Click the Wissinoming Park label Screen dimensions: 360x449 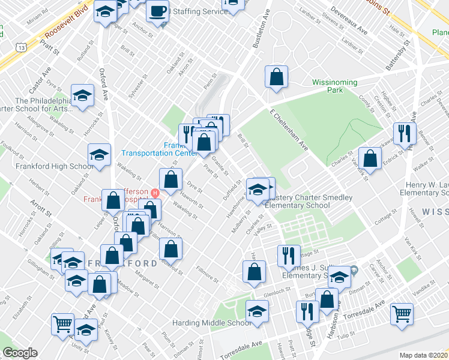pos(334,86)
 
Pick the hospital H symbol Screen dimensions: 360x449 pos(155,193)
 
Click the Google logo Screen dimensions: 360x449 pos(20,353)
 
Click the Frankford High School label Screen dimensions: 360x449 pos(55,167)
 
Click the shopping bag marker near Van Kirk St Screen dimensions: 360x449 pos(370,159)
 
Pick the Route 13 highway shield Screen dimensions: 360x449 pos(22,46)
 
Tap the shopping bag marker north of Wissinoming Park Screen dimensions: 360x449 pos(276,77)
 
